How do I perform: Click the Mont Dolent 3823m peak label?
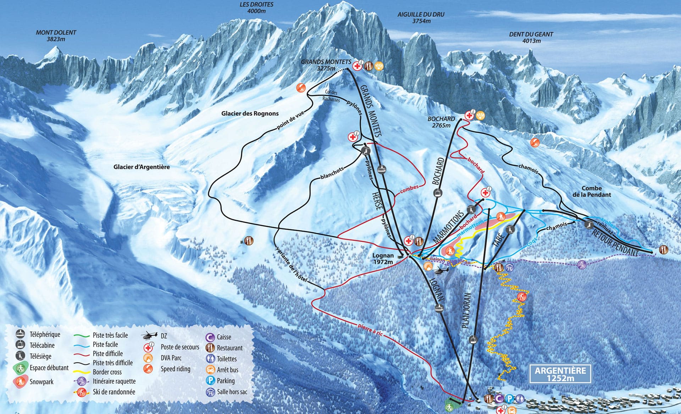tap(56, 35)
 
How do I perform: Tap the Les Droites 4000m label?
tap(256, 7)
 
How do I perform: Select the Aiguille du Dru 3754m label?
tap(421, 18)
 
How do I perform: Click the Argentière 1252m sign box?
tap(560, 374)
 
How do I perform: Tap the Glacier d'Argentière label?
tap(142, 167)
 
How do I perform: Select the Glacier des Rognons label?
tap(250, 114)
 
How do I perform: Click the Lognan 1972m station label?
tap(383, 259)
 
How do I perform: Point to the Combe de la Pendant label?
tap(591, 192)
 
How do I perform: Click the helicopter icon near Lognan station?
tap(441, 271)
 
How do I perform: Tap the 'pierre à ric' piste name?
tap(371, 330)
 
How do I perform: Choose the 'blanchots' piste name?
tap(332, 172)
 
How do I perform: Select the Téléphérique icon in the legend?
tap(20, 334)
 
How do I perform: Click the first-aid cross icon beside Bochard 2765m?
tap(469, 116)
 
